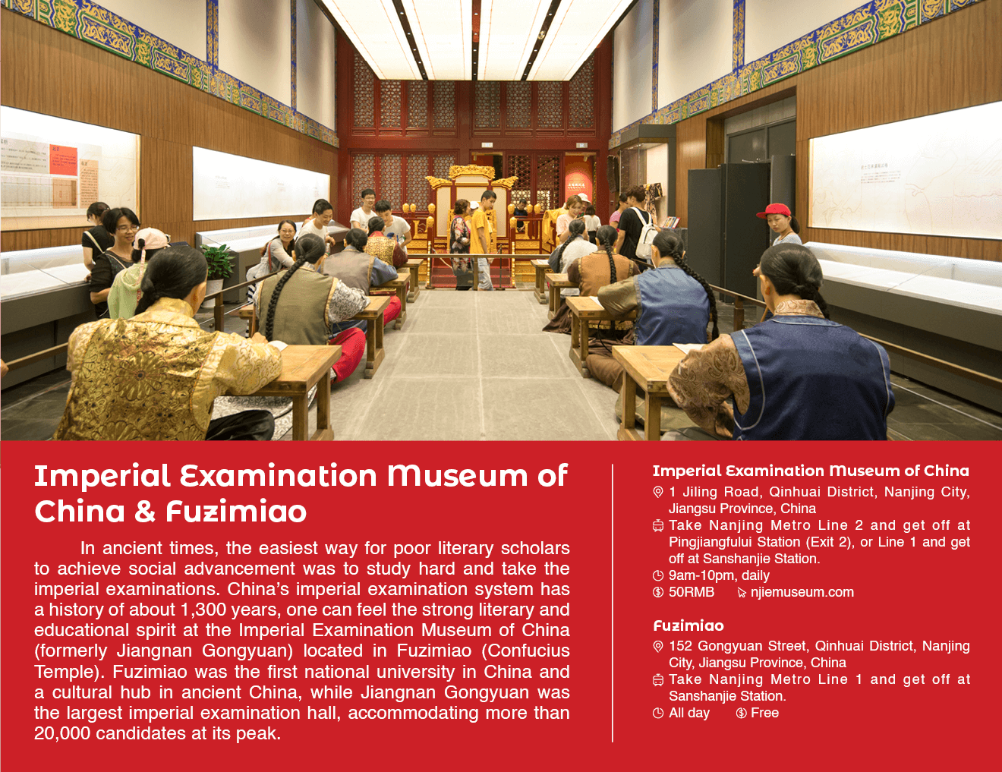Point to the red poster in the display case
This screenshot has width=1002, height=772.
[63, 160]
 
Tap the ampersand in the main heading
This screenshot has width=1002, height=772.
[145, 511]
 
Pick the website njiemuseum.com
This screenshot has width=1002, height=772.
[802, 592]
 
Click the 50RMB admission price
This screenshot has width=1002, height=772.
[692, 592]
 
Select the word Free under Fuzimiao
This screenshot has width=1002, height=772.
[764, 713]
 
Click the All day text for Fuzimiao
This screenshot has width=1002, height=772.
[689, 713]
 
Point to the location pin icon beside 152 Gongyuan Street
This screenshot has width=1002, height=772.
[658, 647]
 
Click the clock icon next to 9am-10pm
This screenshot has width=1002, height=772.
[658, 575]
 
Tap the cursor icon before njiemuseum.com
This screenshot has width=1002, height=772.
[741, 593]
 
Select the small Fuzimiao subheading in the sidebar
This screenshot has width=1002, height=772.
[688, 626]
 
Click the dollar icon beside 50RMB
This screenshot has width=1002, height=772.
[658, 592]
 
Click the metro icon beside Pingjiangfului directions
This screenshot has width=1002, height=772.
[658, 525]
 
